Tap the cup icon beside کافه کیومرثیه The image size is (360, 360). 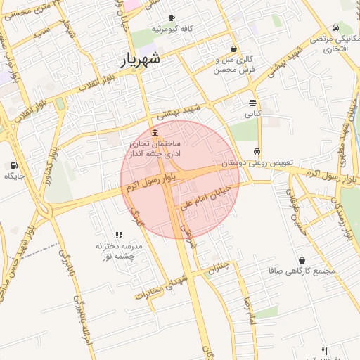[x=172, y=18]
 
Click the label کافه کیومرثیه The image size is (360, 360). [x=172, y=29]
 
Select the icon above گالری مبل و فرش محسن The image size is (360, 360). [x=233, y=49]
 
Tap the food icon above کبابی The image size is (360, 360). [x=252, y=103]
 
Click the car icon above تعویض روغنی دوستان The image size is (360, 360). [x=257, y=152]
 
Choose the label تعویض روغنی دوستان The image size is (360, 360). [x=256, y=162]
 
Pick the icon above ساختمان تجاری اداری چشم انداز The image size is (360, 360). [x=155, y=134]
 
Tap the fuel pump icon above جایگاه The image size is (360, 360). [x=14, y=166]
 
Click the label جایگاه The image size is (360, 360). [x=14, y=176]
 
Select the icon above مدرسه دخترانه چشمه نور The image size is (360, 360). [x=118, y=236]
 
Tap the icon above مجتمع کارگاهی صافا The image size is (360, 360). [x=302, y=260]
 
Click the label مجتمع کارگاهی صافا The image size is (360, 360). [x=302, y=271]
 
